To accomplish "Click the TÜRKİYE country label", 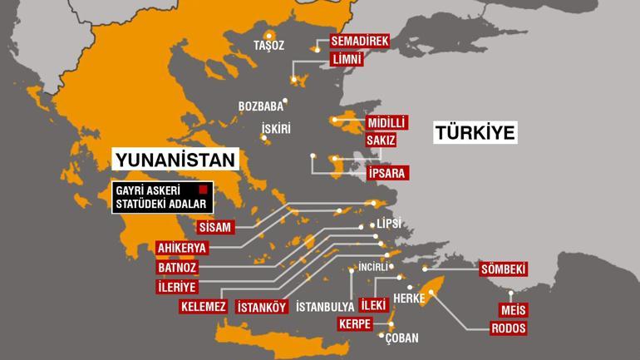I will click(x=474, y=132).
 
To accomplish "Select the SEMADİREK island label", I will click(x=359, y=41).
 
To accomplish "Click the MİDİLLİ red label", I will click(x=386, y=123).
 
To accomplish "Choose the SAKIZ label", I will click(x=381, y=141).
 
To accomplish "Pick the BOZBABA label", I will click(x=260, y=106).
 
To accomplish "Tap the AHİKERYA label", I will click(x=181, y=247).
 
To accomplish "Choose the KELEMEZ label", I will click(x=203, y=307).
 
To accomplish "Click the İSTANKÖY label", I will click(x=262, y=307).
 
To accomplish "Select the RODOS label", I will click(x=509, y=328).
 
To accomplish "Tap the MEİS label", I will click(x=513, y=310).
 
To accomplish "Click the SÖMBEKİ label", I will click(x=504, y=269).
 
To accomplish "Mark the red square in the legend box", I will click(x=201, y=190).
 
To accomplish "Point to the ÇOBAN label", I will click(x=401, y=338).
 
